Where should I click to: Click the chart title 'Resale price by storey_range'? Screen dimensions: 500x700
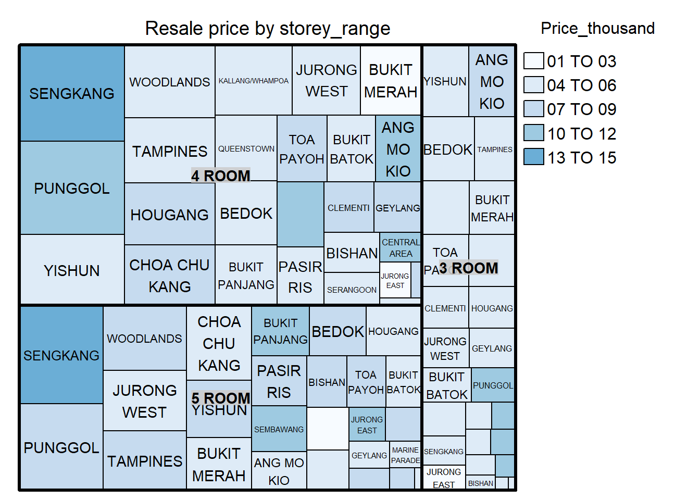click(x=267, y=28)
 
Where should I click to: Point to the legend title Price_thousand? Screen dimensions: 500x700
click(x=597, y=28)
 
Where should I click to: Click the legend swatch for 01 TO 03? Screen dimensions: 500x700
click(x=533, y=61)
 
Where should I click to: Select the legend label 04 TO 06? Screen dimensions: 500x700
click(x=581, y=85)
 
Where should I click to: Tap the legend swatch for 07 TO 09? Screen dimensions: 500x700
click(x=533, y=109)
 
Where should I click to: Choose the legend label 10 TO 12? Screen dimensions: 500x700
click(x=581, y=133)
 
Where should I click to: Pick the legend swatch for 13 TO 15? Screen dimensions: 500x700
click(x=533, y=157)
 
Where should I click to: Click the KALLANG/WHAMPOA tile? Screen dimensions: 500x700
click(x=254, y=81)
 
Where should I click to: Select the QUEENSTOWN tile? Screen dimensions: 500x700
click(x=246, y=148)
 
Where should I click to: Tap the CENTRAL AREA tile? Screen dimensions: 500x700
click(x=400, y=247)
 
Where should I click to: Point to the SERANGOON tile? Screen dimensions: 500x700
click(x=352, y=289)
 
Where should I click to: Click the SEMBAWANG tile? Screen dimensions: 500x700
click(x=279, y=429)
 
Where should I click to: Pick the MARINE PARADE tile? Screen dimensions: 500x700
click(x=405, y=455)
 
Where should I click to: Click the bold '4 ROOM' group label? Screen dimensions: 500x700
click(x=220, y=176)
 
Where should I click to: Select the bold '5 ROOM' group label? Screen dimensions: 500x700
click(x=220, y=398)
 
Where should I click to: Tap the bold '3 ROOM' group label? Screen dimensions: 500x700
click(x=468, y=268)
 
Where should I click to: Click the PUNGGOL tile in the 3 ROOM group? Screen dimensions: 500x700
click(x=493, y=385)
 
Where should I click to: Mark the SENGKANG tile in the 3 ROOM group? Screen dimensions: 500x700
click(x=444, y=451)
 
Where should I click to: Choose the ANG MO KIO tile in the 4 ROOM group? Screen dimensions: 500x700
click(x=398, y=149)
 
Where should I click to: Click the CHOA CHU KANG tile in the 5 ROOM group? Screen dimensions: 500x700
click(x=219, y=343)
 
